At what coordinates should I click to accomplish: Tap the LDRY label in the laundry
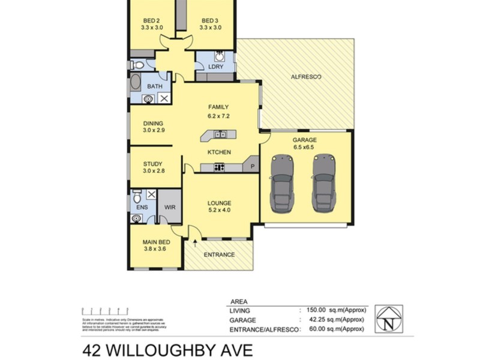(215, 67)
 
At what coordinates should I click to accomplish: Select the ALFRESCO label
(306, 77)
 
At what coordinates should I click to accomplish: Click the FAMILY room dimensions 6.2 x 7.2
(218, 115)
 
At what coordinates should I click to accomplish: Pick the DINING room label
(153, 124)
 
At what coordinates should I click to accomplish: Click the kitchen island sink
(220, 134)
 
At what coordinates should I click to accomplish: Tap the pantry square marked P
(252, 166)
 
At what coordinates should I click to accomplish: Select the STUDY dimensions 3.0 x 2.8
(154, 171)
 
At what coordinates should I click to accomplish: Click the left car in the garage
(283, 183)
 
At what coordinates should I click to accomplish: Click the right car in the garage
(325, 183)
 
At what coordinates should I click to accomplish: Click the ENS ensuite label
(142, 208)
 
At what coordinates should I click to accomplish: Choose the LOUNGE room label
(219, 203)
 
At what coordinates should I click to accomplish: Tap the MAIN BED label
(154, 242)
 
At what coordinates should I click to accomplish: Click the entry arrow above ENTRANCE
(196, 242)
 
